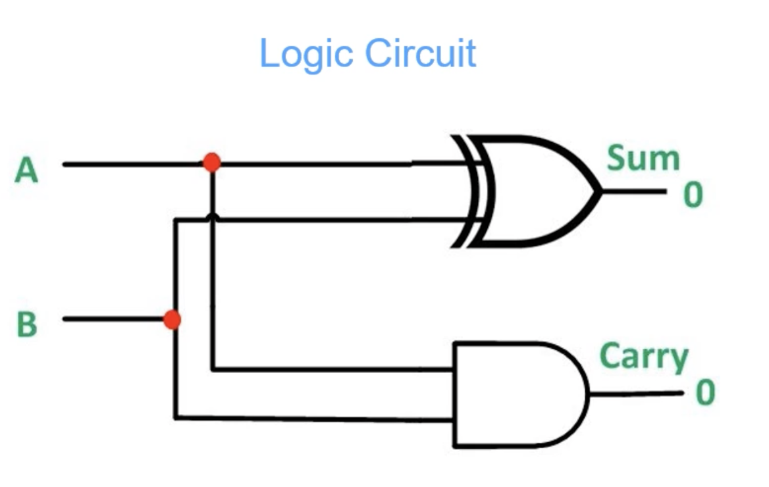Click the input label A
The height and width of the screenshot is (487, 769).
point(26,170)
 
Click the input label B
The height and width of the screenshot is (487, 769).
point(27,324)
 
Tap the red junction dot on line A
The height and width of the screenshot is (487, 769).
point(212,163)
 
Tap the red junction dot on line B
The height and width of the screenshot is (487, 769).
point(172,320)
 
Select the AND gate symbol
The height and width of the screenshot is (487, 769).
point(521,394)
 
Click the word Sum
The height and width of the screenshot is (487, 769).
point(643,158)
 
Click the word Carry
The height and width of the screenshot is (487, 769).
point(644,357)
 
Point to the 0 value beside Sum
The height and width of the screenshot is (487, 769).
point(693,195)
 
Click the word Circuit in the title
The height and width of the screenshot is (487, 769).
point(420,53)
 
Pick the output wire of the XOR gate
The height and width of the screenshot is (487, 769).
point(635,192)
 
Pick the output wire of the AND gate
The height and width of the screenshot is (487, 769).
point(637,394)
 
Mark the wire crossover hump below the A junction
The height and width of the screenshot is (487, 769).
point(213,217)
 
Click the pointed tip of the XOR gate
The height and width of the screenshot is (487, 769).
point(602,192)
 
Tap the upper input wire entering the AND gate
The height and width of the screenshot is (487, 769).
point(332,369)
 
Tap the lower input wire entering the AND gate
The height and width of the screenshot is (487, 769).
point(314,419)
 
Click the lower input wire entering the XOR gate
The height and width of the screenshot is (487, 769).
point(322,220)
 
